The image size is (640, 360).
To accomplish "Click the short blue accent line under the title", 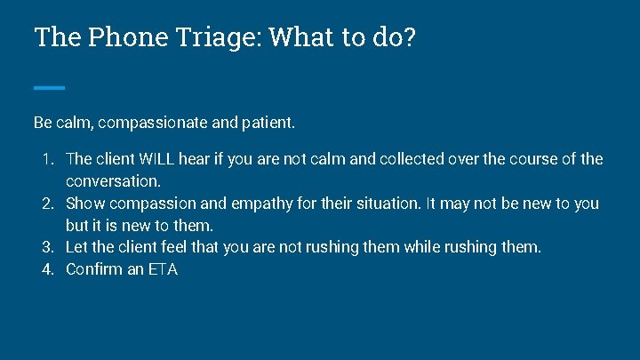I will pos(49,87).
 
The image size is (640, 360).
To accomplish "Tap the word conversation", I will pos(113,181).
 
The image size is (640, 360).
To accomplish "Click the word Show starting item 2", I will pos(85,204).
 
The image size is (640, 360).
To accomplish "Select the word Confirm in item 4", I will pos(94,269).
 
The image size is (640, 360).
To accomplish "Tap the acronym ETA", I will pos(162,269).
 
